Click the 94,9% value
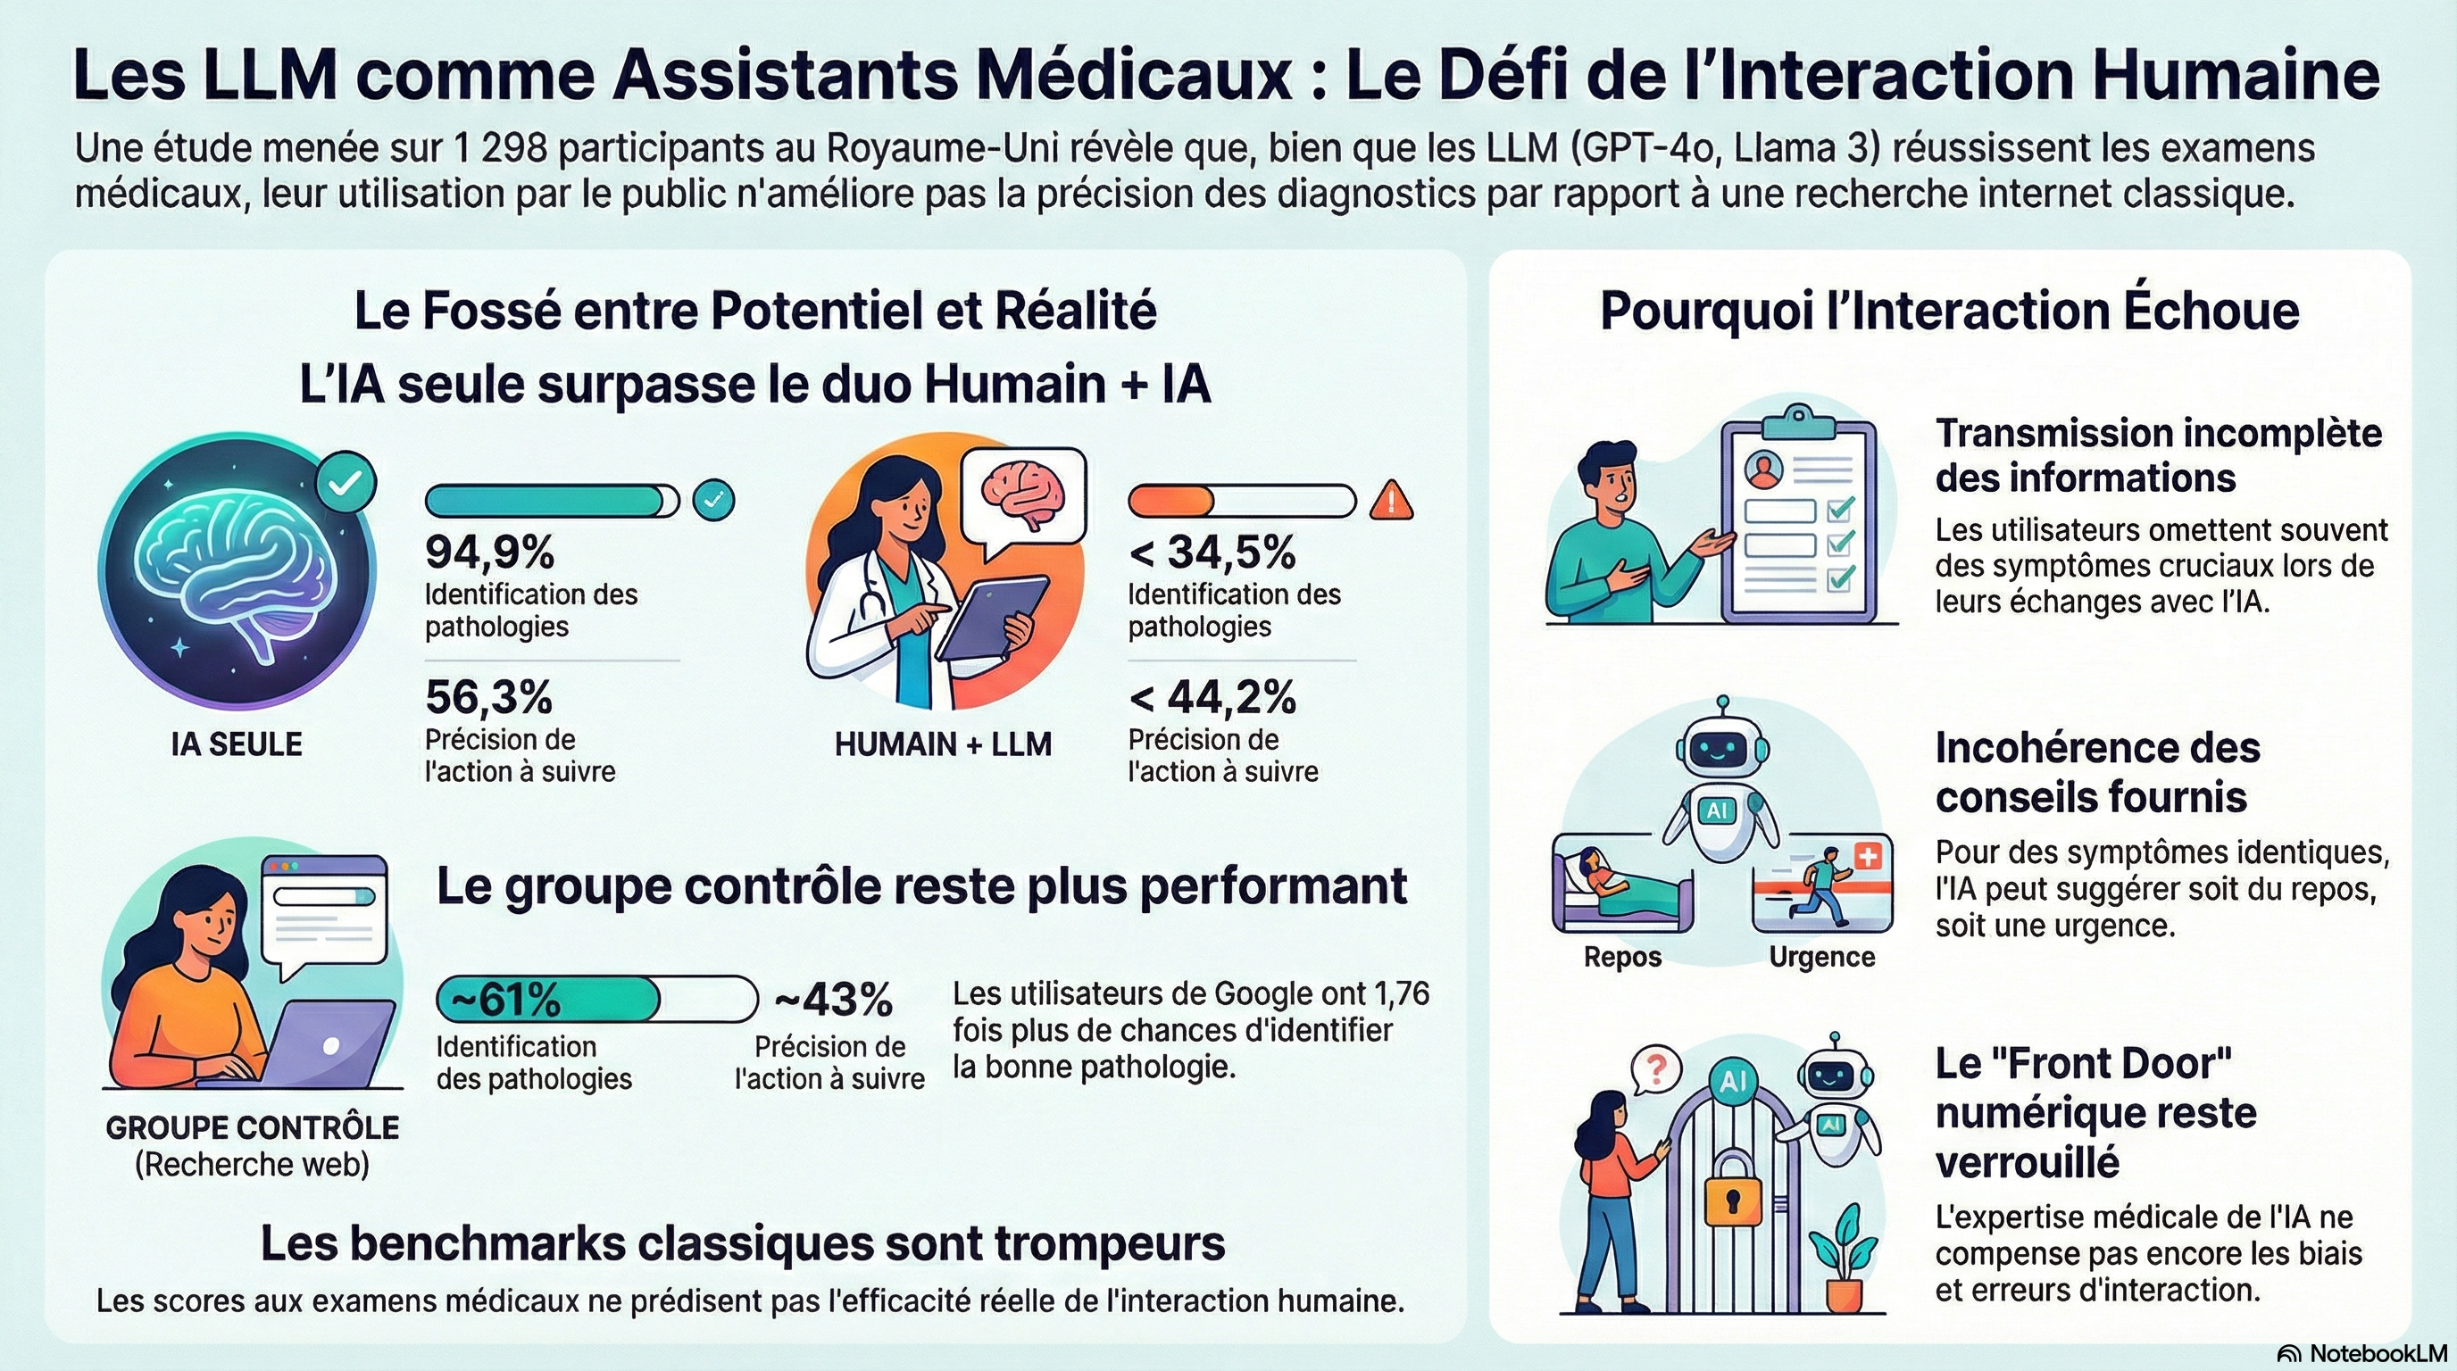tap(489, 551)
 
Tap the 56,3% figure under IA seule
tap(488, 697)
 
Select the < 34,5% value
tap(1212, 551)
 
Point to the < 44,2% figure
tap(1212, 697)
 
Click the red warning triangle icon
tap(1392, 500)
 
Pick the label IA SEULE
tap(237, 744)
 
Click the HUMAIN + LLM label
tap(944, 744)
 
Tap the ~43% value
tap(833, 1000)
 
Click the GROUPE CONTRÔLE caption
tap(253, 1127)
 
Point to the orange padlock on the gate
tap(1732, 1189)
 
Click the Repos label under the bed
tap(1622, 956)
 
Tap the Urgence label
tap(1821, 956)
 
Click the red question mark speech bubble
tap(1655, 1069)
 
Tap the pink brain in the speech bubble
tap(1023, 494)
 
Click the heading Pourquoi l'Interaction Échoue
tap(1950, 311)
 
